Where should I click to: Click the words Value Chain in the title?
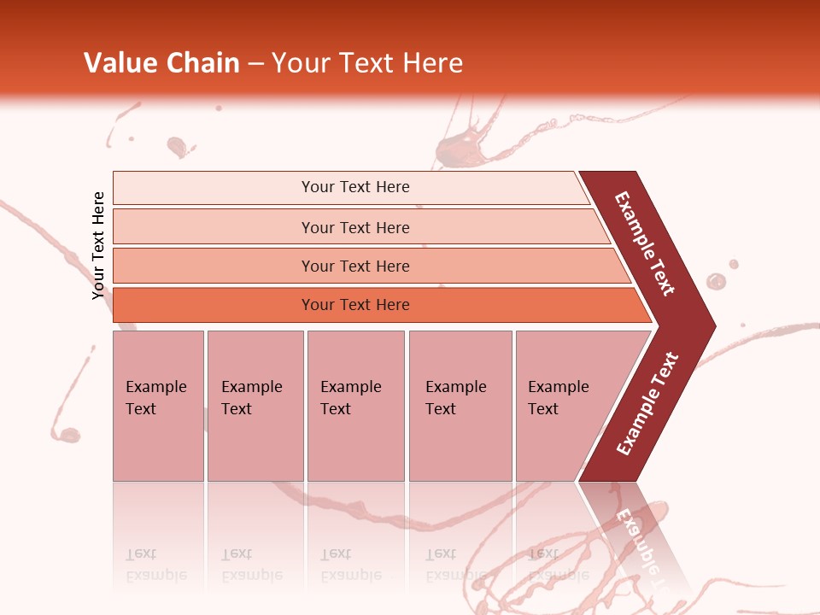coord(161,63)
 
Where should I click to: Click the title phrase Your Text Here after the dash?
coord(367,63)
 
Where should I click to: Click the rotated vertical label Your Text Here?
coord(98,245)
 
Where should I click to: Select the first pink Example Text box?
coord(158,406)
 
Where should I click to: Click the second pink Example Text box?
coord(255,406)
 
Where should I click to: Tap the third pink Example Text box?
coord(355,406)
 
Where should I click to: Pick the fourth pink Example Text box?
coord(460,406)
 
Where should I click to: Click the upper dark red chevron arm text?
coord(645,243)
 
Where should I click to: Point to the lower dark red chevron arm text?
coord(647,404)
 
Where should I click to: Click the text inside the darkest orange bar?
coord(355,305)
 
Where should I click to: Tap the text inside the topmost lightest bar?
coord(355,187)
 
